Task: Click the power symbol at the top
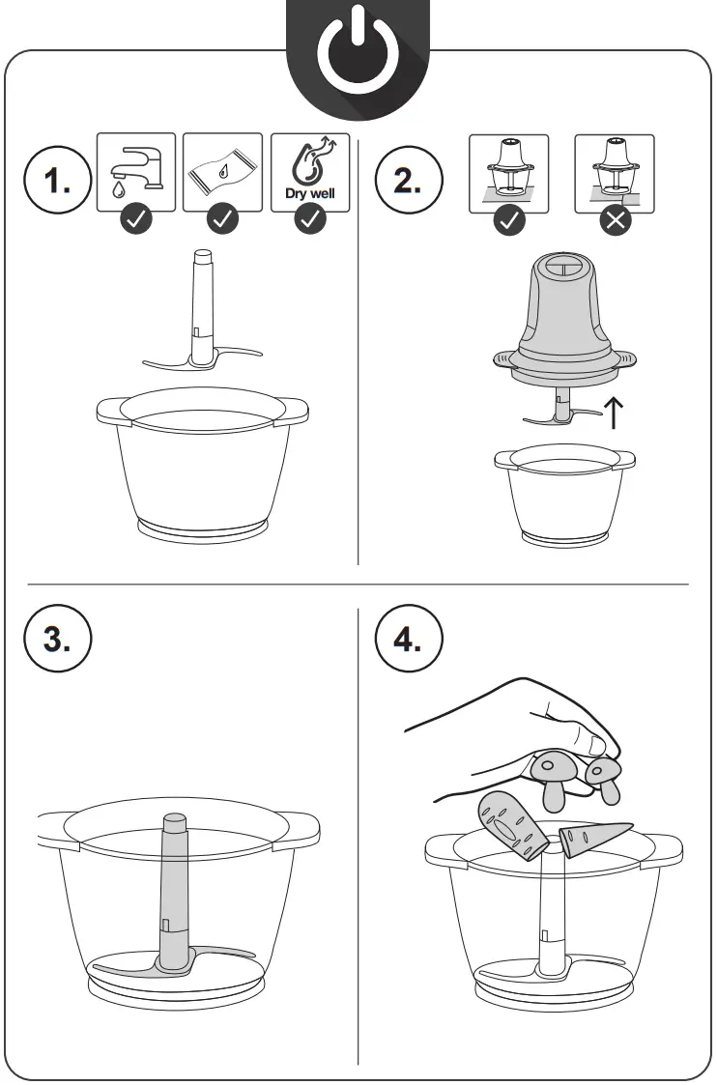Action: [358, 58]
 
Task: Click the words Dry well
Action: [309, 191]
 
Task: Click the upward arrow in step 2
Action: [613, 411]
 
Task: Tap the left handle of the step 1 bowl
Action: [112, 410]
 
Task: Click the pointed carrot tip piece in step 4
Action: [591, 839]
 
